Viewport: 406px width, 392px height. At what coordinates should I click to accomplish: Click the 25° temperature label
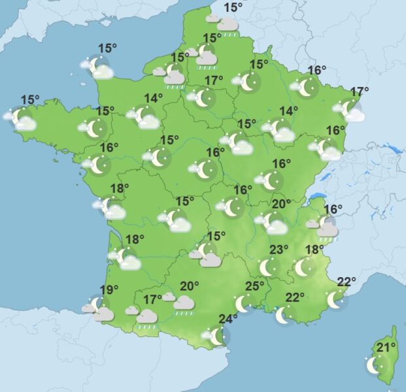click(254, 286)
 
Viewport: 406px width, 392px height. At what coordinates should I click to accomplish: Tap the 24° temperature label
click(228, 319)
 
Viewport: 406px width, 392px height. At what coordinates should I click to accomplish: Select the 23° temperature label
click(279, 250)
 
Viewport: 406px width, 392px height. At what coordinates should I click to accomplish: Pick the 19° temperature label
click(109, 290)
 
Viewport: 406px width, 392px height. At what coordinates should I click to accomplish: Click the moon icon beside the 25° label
click(243, 303)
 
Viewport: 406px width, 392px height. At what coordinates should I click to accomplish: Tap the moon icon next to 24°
click(217, 336)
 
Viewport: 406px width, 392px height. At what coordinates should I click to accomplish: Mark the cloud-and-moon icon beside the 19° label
click(99, 308)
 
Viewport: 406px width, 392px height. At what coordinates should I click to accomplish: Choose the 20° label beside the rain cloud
click(190, 286)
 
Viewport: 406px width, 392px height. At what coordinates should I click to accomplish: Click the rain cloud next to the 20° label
click(184, 303)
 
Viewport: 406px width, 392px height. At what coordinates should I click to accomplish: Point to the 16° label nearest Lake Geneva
click(333, 210)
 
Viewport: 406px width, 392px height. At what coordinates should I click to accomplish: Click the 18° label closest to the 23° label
click(314, 250)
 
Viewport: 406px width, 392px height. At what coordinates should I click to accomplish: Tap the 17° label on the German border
click(360, 91)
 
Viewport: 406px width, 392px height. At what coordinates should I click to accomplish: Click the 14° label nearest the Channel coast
click(153, 99)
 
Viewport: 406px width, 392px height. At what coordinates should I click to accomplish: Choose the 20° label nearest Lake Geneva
click(282, 204)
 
